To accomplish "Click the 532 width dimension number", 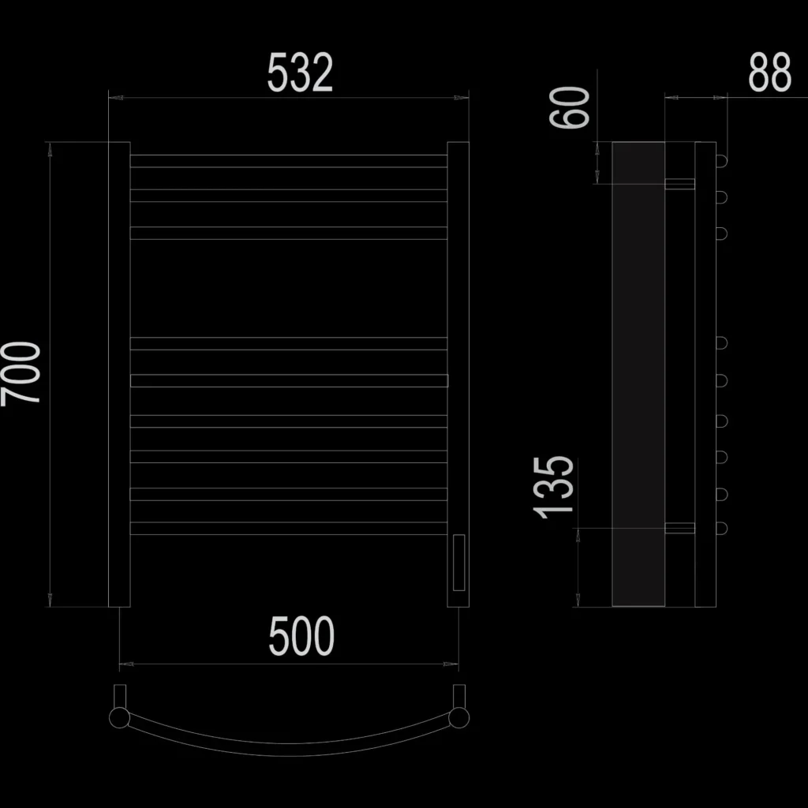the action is (x=300, y=73).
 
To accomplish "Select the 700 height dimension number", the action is (x=21, y=374).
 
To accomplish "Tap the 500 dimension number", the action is (x=301, y=637).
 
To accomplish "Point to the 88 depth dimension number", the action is (x=769, y=72).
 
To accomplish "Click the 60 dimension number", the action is (x=569, y=107).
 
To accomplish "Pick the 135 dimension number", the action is (x=553, y=488).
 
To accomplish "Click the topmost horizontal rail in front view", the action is (x=289, y=161).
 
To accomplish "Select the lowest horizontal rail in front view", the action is (x=289, y=528).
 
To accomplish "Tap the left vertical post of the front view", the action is (x=119, y=374).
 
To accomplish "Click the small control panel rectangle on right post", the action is (x=458, y=562).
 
